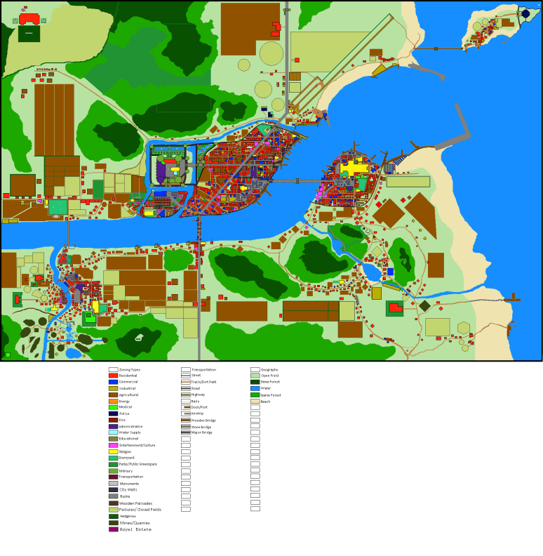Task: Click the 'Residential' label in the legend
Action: (x=128, y=376)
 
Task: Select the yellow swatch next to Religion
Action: (x=113, y=451)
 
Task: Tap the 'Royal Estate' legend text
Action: (x=135, y=529)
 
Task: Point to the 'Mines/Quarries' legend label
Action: (x=134, y=522)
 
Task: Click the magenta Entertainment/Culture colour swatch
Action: (x=113, y=445)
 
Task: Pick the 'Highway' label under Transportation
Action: (x=198, y=395)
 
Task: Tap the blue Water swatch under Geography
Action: (x=255, y=388)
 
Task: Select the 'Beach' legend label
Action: (x=265, y=401)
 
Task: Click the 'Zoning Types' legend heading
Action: (x=130, y=369)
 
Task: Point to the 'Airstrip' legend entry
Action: (x=197, y=413)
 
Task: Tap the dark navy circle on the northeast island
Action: (x=525, y=13)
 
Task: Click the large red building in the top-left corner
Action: (x=29, y=18)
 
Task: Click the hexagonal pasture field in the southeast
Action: (x=464, y=328)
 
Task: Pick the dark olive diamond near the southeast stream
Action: (x=424, y=305)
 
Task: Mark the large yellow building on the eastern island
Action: (x=354, y=168)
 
